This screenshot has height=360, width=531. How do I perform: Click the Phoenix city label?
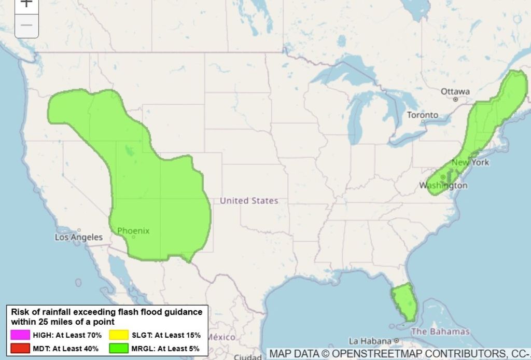point(133,231)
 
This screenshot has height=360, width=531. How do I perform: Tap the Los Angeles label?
point(79,237)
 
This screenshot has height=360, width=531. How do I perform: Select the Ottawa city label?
point(455,92)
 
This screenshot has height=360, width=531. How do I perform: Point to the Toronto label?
point(422,115)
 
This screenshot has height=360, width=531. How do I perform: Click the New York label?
point(470,162)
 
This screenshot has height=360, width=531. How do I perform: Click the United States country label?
point(249,201)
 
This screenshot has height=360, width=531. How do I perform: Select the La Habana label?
point(370,341)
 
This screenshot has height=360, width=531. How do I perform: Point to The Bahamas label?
point(440,331)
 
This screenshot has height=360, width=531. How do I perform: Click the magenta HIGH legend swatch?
point(19,335)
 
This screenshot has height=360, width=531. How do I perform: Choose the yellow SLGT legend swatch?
point(119,335)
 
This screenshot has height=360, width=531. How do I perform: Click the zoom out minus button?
point(26,25)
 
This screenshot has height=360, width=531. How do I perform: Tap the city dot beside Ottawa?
point(455,99)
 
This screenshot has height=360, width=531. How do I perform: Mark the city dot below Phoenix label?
point(133,237)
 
